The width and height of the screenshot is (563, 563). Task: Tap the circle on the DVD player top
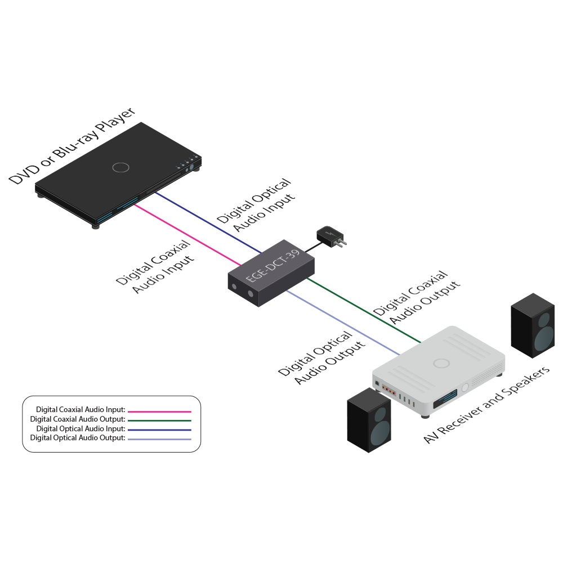(120, 167)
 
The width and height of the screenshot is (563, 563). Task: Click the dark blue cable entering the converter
(208, 222)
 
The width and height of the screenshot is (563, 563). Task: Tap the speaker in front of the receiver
(369, 419)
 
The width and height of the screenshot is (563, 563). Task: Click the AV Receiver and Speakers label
(487, 405)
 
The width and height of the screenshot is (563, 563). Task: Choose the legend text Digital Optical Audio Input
(77, 429)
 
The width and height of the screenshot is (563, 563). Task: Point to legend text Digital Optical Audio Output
(77, 438)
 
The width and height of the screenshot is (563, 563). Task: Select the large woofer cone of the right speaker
(544, 338)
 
